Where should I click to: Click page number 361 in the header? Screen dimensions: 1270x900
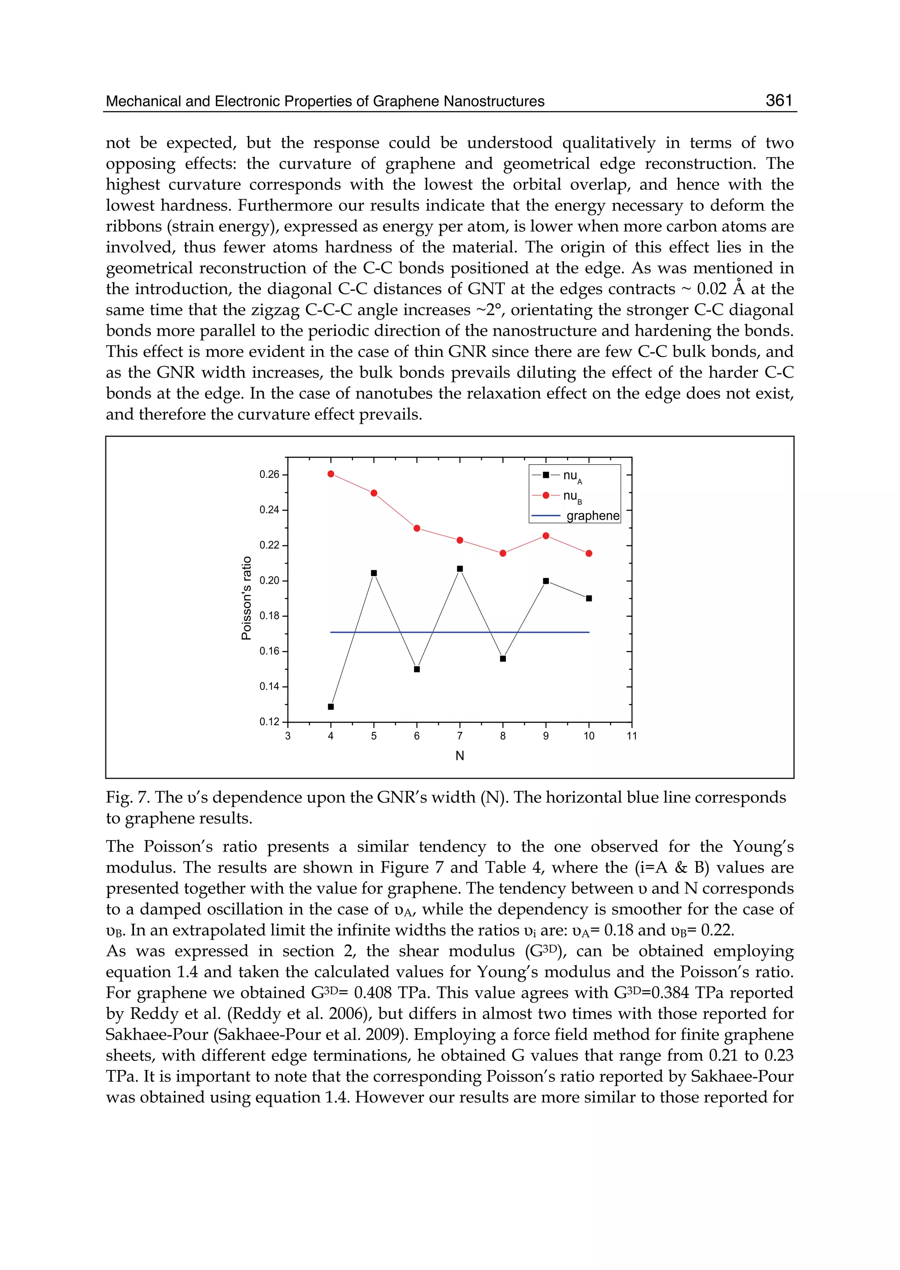click(x=779, y=100)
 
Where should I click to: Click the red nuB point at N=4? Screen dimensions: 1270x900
click(x=331, y=474)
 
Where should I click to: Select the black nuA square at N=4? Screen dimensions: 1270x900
click(x=331, y=707)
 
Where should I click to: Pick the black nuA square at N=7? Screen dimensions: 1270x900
click(x=460, y=569)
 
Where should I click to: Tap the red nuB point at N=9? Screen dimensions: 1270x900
click(x=546, y=535)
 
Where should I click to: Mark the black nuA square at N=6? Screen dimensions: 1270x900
click(x=417, y=669)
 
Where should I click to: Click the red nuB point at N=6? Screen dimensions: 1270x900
click(x=417, y=528)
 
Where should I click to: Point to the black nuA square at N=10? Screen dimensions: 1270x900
click(x=589, y=598)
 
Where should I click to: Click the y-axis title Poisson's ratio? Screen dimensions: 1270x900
click(x=247, y=597)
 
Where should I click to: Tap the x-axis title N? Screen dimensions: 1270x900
click(x=459, y=756)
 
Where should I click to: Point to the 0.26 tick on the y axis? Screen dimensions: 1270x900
click(x=269, y=474)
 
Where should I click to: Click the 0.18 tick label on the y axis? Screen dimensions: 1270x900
click(x=269, y=616)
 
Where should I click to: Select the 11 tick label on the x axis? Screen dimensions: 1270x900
click(x=632, y=736)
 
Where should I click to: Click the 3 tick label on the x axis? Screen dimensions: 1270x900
click(x=288, y=736)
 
